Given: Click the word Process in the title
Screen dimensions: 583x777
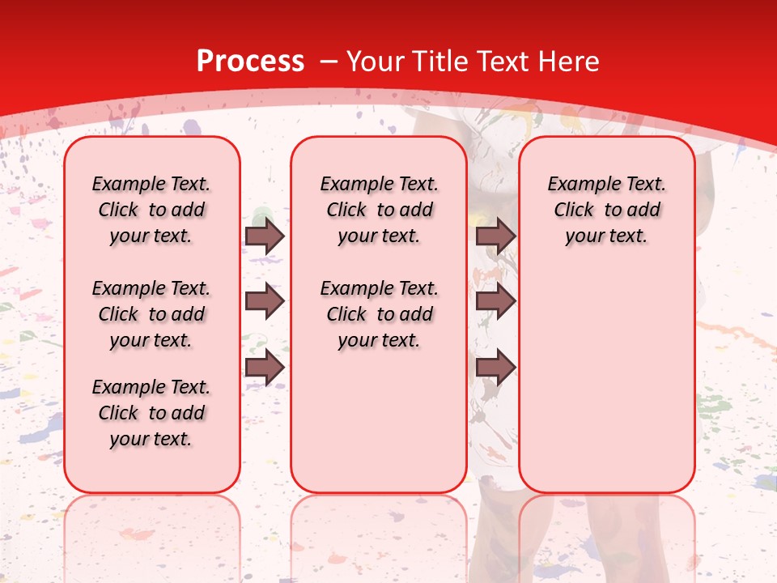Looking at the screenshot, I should tap(250, 61).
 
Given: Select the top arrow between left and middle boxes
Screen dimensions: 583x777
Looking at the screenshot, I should tap(265, 236).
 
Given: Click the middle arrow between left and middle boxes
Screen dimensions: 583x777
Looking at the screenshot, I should tap(265, 301).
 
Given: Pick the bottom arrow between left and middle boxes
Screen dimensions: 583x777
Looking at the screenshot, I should tap(265, 367).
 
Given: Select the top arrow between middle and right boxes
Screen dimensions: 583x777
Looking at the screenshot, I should tap(495, 236).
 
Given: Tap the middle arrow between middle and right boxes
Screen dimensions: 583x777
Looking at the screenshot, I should tap(495, 301).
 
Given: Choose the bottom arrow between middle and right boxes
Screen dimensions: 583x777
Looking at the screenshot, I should tap(495, 367).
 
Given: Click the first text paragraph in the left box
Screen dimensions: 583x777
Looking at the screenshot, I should tap(151, 210).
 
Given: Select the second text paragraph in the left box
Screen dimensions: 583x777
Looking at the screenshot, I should tap(151, 314).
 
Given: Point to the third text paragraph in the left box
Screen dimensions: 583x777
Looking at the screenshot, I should tap(151, 413).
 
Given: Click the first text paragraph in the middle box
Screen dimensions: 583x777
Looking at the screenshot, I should tap(380, 210).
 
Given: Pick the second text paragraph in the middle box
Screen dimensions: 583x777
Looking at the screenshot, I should tap(380, 314).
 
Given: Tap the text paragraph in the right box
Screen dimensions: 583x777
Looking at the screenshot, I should tap(607, 210).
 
